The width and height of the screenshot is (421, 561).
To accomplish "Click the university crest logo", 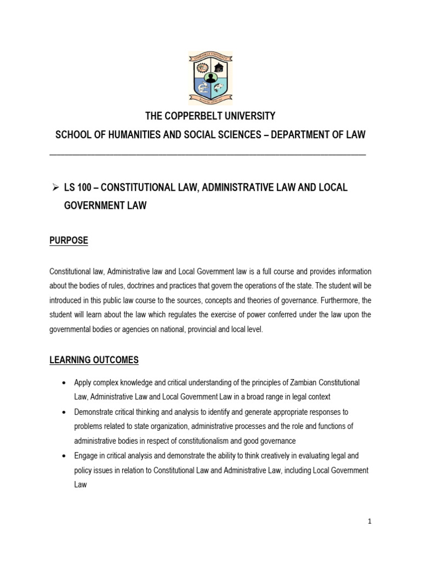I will coord(210,78).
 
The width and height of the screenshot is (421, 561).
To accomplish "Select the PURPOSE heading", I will coord(69,241).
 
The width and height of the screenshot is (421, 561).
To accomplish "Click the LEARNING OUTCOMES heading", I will coord(94,360).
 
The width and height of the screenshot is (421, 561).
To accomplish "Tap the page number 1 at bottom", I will coord(369,522).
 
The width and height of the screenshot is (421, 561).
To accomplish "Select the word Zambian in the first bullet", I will coord(292,382).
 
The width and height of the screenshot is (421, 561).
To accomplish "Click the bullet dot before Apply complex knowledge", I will coord(65,382).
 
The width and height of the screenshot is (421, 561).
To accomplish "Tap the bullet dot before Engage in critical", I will coord(65,456).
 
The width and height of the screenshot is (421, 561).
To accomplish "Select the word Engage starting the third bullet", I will coord(86,456).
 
